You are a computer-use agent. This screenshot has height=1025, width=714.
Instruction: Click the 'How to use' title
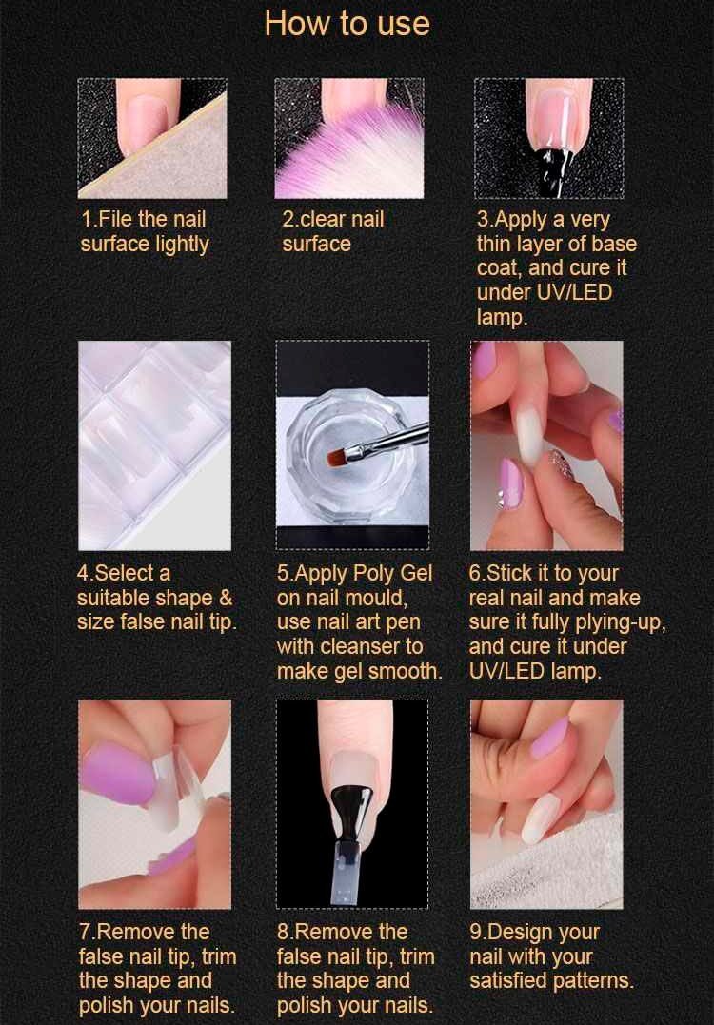coord(347,24)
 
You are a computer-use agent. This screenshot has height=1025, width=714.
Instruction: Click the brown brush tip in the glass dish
coord(336,456)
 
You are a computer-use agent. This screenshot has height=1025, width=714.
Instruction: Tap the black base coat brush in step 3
coord(555,170)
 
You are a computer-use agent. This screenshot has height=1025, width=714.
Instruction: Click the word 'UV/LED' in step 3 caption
coord(573,292)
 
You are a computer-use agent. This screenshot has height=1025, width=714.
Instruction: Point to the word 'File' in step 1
coord(116,219)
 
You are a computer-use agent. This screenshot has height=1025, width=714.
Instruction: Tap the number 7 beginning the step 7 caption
coord(85,932)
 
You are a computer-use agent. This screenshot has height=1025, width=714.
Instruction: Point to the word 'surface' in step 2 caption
coord(316,244)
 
